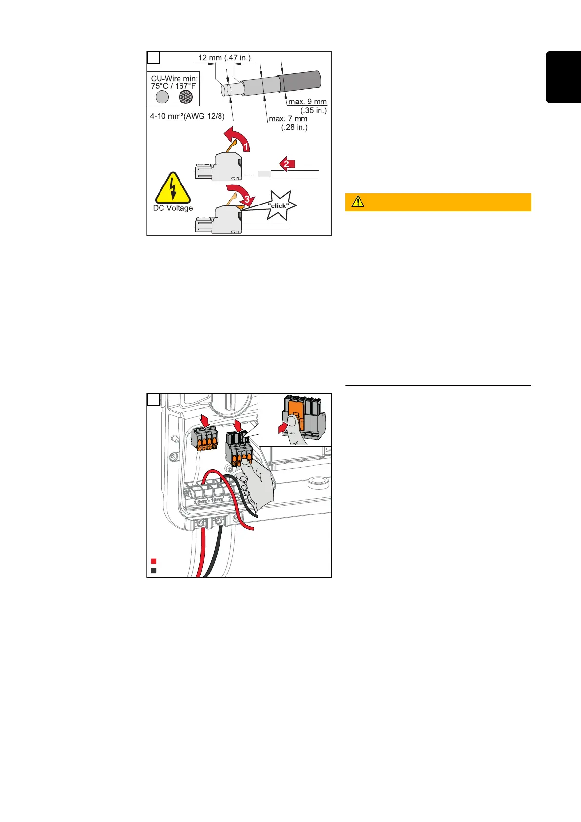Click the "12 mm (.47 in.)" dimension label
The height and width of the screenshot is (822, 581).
click(224, 58)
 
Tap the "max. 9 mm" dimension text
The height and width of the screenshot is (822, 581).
click(307, 102)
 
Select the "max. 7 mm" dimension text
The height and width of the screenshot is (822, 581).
click(288, 119)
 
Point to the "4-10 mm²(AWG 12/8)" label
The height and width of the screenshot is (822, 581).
click(188, 117)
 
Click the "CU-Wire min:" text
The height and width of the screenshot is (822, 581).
click(174, 78)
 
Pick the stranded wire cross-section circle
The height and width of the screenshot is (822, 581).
click(186, 97)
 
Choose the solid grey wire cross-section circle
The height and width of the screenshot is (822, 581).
click(162, 97)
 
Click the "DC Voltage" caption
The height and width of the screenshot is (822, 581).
click(173, 208)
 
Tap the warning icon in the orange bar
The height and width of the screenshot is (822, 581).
click(358, 202)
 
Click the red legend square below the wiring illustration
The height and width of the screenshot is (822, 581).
click(153, 561)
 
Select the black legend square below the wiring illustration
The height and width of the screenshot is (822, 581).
click(153, 570)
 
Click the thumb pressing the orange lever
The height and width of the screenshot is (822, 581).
click(294, 425)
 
